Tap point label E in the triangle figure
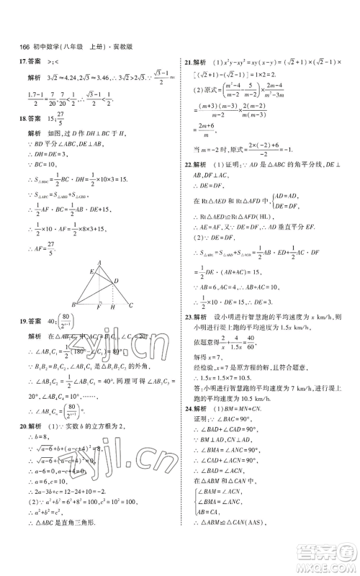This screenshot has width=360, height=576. coord(89,272)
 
